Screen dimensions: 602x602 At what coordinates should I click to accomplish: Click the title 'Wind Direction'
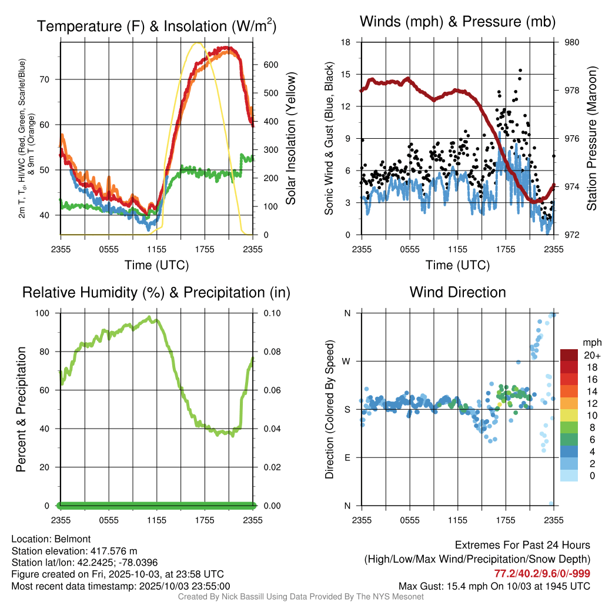click(457, 292)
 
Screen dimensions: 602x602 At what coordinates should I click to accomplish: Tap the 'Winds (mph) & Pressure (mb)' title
click(457, 22)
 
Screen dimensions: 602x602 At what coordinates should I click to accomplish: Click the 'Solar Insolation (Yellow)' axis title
click(290, 139)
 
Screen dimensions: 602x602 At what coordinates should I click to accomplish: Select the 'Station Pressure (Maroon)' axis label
click(591, 139)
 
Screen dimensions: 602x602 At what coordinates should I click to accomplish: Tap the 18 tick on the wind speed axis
click(346, 42)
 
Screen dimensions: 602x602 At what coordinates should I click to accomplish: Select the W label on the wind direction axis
click(347, 361)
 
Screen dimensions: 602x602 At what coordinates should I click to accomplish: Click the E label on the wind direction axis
click(347, 457)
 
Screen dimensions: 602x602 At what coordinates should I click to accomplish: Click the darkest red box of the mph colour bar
click(570, 355)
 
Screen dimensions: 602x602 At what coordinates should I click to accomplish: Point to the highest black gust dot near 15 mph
click(520, 71)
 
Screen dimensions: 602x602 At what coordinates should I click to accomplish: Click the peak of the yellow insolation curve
click(198, 43)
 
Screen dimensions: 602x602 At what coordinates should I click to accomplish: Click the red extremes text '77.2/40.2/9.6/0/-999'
click(542, 574)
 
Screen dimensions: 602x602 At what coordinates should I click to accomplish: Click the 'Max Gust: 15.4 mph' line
click(494, 586)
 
